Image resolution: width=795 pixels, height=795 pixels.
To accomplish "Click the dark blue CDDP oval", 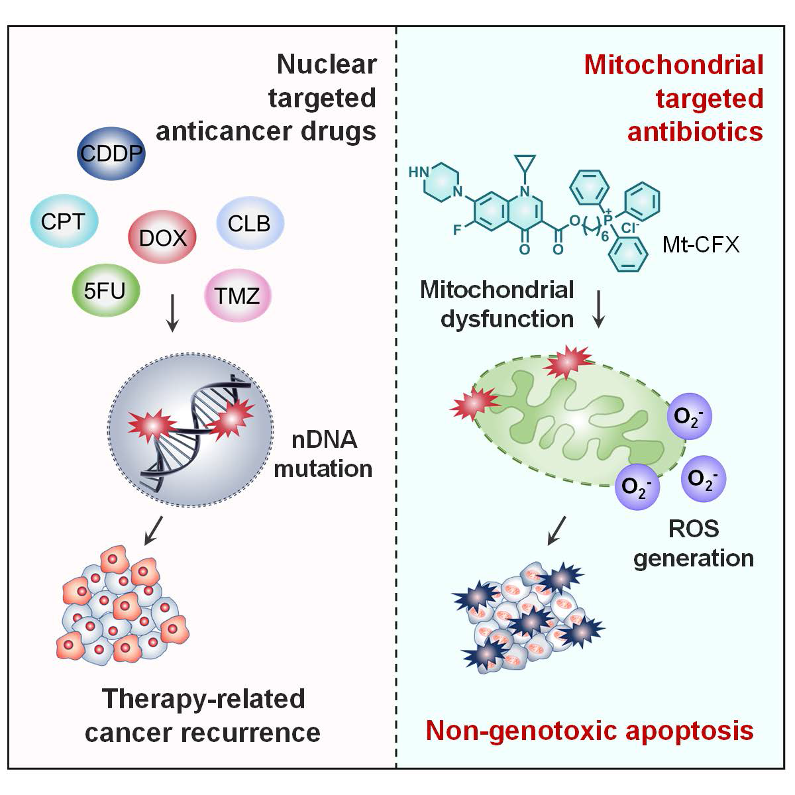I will pos(111,154).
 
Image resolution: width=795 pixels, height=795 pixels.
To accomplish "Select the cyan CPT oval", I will pos(64,222).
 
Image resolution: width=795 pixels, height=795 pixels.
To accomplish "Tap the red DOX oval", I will pos(162,237).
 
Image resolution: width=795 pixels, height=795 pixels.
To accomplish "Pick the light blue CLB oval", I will pos(250,223).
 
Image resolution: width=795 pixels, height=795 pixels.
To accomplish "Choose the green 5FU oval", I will pos(106,290).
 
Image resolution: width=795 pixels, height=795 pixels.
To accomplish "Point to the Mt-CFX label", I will pos(700,245).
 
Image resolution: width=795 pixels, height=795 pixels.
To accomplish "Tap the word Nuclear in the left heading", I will pos(327,65).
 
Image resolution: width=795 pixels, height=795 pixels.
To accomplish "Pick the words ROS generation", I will pos(694,543).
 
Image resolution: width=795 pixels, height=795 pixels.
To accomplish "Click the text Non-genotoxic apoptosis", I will pos(589,730).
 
